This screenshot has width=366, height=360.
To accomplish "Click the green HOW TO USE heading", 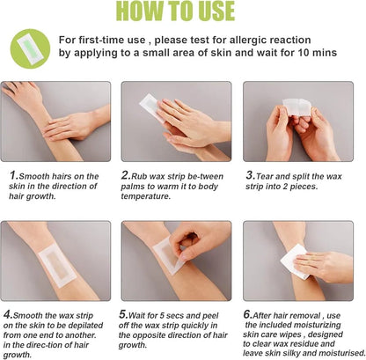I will click(x=182, y=11).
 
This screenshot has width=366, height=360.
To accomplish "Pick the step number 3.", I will click(x=249, y=176).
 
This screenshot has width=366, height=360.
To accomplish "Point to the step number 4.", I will click(x=8, y=313).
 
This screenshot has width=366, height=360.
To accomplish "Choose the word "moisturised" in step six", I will click(x=331, y=354).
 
